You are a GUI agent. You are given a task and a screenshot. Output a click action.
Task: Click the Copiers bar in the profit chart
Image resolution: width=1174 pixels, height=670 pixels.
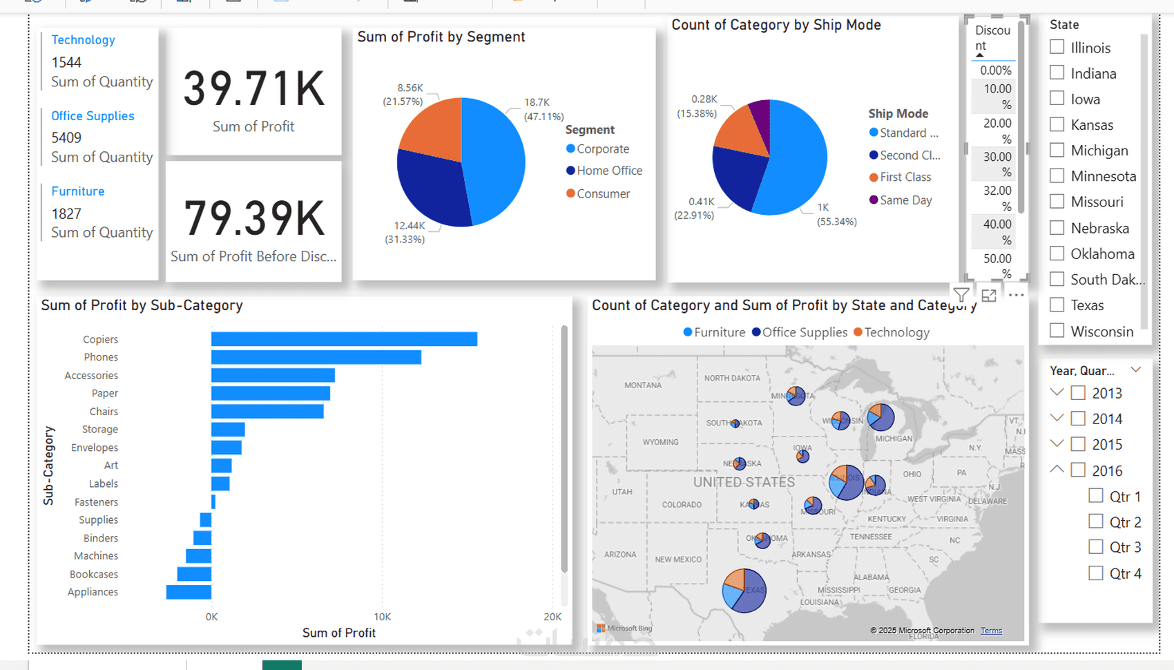pyautogui.click(x=344, y=339)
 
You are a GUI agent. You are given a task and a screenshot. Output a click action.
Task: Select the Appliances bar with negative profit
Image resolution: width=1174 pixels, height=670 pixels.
pyautogui.click(x=189, y=592)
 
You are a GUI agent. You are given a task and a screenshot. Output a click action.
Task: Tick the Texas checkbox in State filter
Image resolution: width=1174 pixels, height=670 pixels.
pyautogui.click(x=1057, y=305)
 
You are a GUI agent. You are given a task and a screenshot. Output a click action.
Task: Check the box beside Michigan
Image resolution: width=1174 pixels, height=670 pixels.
pyautogui.click(x=1057, y=150)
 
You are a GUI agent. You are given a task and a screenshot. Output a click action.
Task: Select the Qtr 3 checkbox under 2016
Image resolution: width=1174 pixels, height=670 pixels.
pyautogui.click(x=1095, y=547)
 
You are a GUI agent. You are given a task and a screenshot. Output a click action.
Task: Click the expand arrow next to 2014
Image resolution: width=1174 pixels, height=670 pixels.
pyautogui.click(x=1057, y=418)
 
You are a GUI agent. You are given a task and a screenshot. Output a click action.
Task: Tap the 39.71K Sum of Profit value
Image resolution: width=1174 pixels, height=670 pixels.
pyautogui.click(x=253, y=90)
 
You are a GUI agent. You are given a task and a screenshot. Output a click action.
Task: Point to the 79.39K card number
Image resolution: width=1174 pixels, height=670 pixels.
pyautogui.click(x=253, y=219)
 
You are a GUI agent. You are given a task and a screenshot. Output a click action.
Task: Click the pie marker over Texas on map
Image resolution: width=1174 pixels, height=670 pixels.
pyautogui.click(x=744, y=591)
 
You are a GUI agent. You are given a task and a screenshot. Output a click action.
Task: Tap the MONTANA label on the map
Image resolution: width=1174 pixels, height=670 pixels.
pyautogui.click(x=642, y=385)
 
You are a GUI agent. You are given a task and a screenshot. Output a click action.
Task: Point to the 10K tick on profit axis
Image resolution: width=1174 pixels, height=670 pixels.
pyautogui.click(x=382, y=617)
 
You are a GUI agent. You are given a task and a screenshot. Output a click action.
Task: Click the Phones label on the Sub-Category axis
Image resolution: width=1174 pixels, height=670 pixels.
pyautogui.click(x=101, y=357)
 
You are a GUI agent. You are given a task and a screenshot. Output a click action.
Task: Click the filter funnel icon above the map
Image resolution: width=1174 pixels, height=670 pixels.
pyautogui.click(x=961, y=296)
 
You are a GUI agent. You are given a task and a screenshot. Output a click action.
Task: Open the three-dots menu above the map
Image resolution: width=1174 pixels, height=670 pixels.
pyautogui.click(x=1016, y=296)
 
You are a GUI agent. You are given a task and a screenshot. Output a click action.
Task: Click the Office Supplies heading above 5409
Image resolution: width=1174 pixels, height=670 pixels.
pyautogui.click(x=93, y=116)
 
